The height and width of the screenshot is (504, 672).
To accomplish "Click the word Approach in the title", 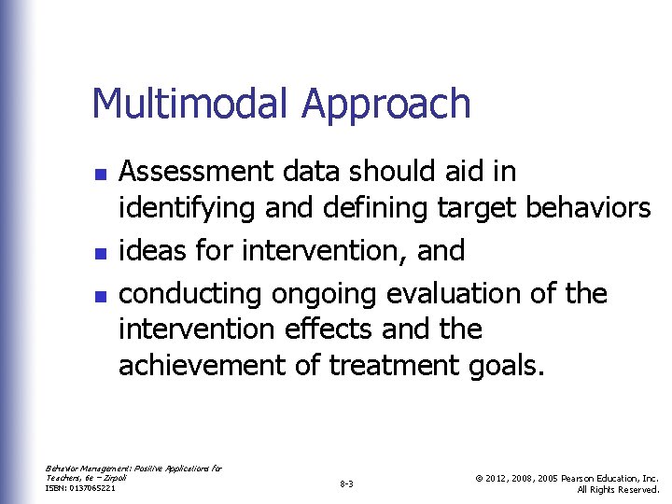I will click(x=385, y=105).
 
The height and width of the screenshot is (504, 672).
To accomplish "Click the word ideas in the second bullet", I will click(x=150, y=250).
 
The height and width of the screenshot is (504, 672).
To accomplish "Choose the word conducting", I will click(x=191, y=294).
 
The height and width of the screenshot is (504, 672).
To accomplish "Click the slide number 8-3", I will click(x=345, y=484).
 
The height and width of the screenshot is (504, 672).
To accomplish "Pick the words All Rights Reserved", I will click(x=618, y=489).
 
